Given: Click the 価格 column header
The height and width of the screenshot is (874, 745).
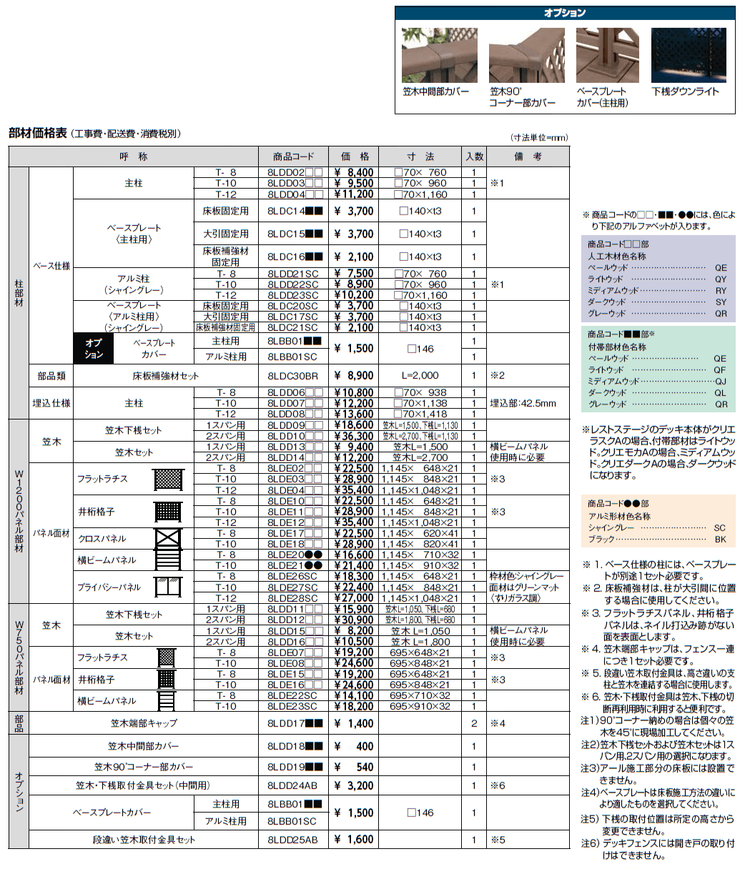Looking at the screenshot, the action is [x=353, y=157].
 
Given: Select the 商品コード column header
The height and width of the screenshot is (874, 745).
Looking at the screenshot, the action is [x=293, y=157].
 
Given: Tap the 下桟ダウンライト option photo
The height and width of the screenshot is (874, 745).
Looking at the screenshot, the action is [x=689, y=56].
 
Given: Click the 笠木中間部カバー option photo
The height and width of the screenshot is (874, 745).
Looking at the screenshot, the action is [x=436, y=56].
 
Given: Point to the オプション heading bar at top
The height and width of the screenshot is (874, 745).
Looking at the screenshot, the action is [x=565, y=13].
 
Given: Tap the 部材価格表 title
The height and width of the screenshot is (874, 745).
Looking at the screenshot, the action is [x=38, y=133].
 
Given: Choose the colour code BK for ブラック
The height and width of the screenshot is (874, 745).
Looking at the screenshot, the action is [x=719, y=540].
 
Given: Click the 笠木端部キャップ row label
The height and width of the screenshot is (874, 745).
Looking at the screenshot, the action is [x=142, y=723].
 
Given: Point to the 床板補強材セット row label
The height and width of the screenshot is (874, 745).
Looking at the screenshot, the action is [x=165, y=375].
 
